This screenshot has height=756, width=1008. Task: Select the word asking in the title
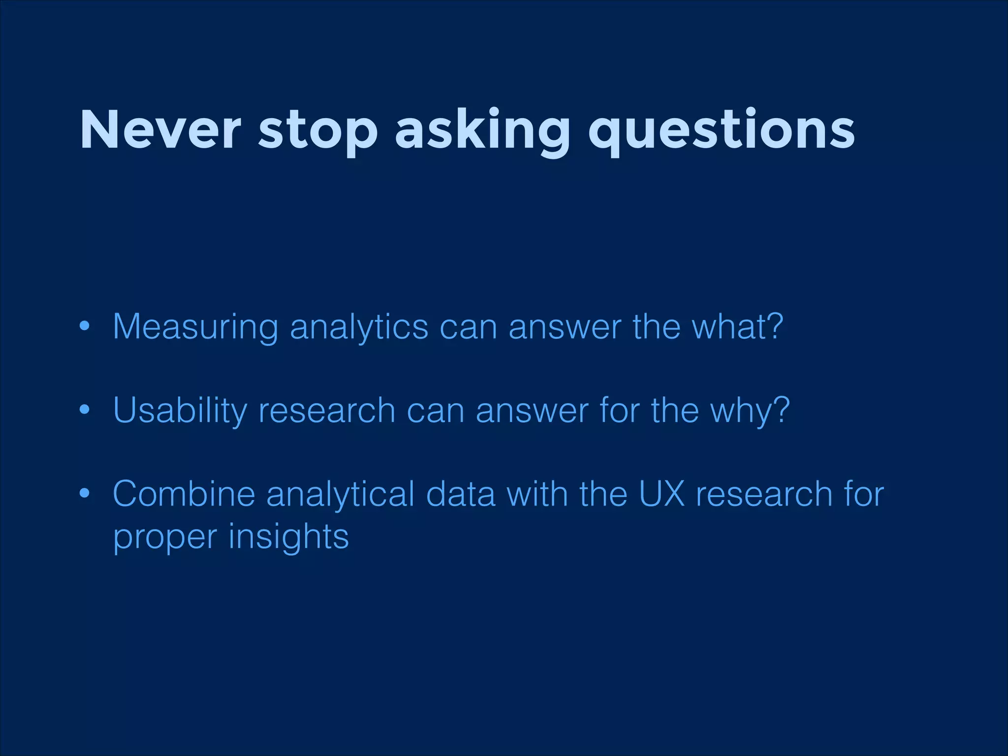(x=482, y=132)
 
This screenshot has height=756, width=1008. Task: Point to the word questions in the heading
(x=722, y=132)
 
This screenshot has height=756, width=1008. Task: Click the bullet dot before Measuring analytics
(x=85, y=326)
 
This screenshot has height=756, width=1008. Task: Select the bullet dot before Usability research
(x=85, y=409)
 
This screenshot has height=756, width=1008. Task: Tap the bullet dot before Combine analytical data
(x=85, y=493)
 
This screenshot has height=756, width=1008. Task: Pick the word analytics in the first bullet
(x=359, y=327)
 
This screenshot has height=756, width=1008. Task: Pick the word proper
(x=165, y=537)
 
